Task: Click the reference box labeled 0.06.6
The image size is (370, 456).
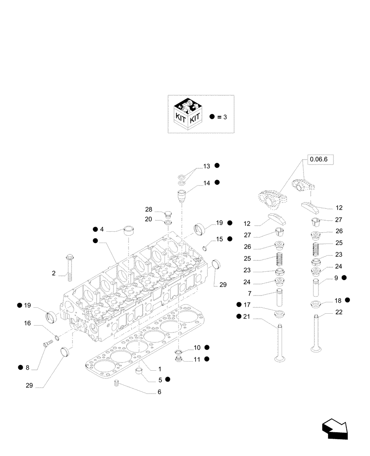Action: click(321, 159)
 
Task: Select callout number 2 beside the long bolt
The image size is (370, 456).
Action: click(53, 274)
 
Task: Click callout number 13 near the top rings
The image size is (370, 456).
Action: click(206, 166)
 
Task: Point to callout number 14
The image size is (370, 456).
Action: click(206, 183)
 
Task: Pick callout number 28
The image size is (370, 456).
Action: click(149, 209)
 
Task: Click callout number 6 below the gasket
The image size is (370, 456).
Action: click(159, 392)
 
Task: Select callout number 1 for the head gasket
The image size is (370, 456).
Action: click(159, 368)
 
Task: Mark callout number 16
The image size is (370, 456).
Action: click(27, 323)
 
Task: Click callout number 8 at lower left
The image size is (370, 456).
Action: click(27, 368)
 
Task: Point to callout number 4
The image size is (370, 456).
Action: click(102, 229)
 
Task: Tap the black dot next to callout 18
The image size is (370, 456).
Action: click(347, 300)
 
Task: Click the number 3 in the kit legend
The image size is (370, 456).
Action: click(225, 117)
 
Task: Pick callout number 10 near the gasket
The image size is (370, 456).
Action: click(197, 347)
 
